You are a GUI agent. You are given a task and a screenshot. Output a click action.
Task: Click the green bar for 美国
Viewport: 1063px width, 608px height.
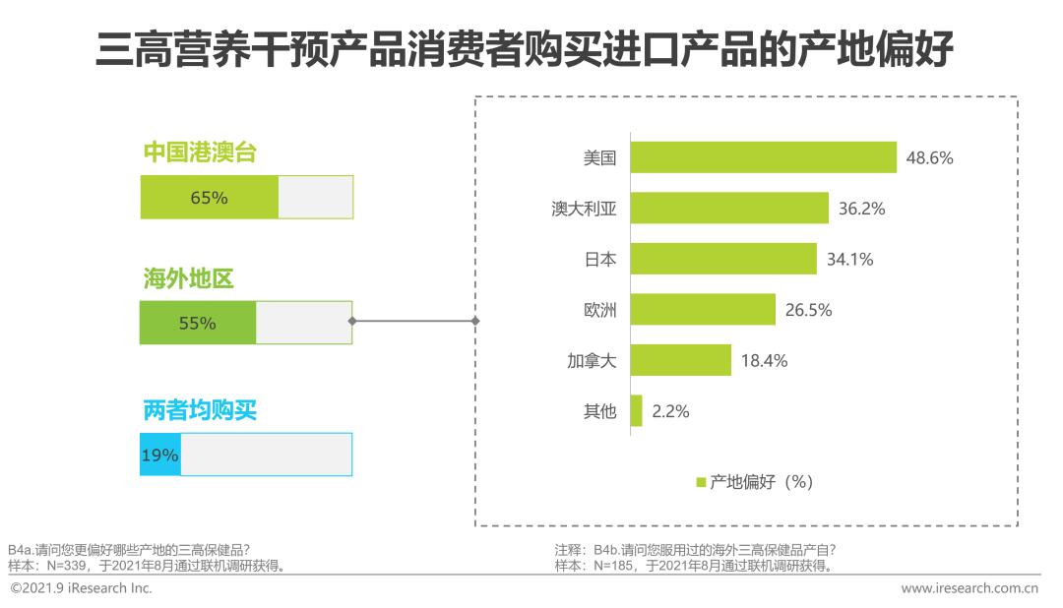click(763, 157)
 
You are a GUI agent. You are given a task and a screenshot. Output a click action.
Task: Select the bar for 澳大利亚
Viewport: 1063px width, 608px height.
click(728, 209)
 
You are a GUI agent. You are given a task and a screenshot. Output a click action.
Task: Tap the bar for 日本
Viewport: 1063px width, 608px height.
click(722, 259)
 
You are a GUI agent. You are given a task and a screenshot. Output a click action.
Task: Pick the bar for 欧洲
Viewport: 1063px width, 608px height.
click(702, 310)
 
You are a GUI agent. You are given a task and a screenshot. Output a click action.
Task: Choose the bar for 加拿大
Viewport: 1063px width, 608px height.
click(680, 360)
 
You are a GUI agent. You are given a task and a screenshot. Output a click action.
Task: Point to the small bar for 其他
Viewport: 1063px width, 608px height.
click(636, 411)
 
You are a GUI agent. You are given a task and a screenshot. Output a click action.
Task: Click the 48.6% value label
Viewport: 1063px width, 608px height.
click(929, 157)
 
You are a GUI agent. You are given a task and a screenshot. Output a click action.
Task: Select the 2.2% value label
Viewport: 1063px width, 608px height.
click(669, 411)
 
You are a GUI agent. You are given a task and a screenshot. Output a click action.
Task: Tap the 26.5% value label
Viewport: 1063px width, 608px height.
click(808, 310)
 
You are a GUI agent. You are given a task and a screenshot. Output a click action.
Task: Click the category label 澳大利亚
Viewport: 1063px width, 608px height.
click(584, 209)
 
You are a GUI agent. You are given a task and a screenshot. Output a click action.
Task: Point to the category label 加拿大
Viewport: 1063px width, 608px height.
click(593, 360)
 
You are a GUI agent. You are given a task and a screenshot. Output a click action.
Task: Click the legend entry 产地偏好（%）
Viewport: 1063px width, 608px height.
click(754, 481)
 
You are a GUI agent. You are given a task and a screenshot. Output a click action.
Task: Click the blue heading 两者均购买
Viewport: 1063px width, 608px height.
click(200, 409)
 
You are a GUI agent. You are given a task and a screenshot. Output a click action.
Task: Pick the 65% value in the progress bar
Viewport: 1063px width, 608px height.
click(209, 198)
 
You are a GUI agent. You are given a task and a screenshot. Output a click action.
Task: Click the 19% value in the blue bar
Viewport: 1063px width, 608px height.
click(159, 455)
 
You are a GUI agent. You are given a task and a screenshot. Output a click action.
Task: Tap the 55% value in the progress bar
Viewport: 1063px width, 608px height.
click(197, 323)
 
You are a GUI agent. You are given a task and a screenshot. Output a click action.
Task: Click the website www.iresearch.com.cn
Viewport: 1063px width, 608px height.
click(969, 588)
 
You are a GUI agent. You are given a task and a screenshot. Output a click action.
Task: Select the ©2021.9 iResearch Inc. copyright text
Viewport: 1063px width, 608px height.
click(81, 588)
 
